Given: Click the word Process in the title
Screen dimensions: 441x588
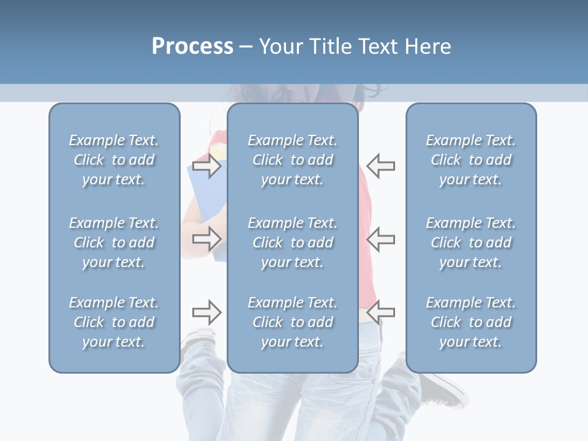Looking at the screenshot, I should tap(192, 47).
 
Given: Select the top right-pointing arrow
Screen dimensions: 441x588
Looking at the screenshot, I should tap(206, 166).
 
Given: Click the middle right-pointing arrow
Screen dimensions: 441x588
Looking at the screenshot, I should tap(206, 238).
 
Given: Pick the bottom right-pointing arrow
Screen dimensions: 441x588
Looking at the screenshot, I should tap(206, 312).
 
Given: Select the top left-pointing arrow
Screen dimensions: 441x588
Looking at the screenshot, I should tap(380, 166).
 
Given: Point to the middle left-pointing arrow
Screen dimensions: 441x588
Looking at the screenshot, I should tap(380, 238).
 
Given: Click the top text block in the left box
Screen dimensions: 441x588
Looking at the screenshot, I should tap(114, 160).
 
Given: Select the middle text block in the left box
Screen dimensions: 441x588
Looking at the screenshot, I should tap(114, 243).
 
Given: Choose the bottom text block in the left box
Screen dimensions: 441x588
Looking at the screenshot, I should tap(114, 322).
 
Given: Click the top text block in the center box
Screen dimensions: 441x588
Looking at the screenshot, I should tap(292, 160).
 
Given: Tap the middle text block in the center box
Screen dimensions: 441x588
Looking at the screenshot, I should tap(292, 243).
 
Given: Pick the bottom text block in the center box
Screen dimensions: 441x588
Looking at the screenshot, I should tap(292, 322).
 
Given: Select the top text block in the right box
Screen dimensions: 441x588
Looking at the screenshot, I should tap(470, 160).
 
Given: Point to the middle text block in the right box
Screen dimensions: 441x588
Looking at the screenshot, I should tap(470, 243).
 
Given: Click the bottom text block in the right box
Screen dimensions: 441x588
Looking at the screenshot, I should tap(470, 322).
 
